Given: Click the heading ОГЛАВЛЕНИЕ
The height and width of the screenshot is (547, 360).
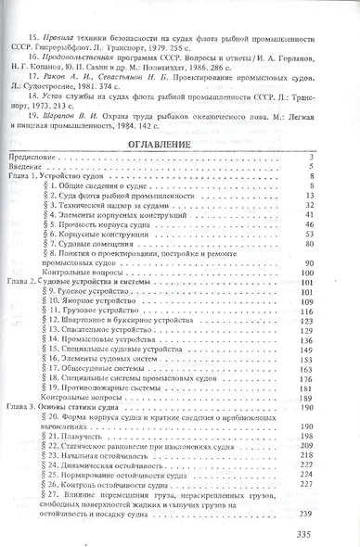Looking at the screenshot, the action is click(x=180, y=146).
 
